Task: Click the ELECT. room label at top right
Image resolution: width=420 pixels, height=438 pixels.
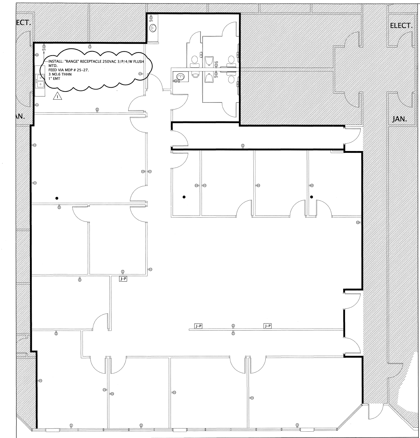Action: (x=401, y=26)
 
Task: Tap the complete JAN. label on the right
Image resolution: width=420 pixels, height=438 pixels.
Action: (x=400, y=119)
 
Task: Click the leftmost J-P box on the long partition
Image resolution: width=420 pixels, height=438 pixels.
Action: (x=199, y=326)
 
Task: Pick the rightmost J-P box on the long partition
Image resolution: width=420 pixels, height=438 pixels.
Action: (x=267, y=326)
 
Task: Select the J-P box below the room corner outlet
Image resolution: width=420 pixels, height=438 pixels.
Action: (x=123, y=279)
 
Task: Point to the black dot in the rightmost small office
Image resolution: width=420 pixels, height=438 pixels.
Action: (x=311, y=197)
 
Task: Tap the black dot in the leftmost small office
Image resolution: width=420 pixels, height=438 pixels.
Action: (x=184, y=197)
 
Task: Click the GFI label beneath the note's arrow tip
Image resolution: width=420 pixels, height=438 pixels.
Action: (x=44, y=50)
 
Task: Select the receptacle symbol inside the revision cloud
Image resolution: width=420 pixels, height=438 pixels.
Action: (x=140, y=74)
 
